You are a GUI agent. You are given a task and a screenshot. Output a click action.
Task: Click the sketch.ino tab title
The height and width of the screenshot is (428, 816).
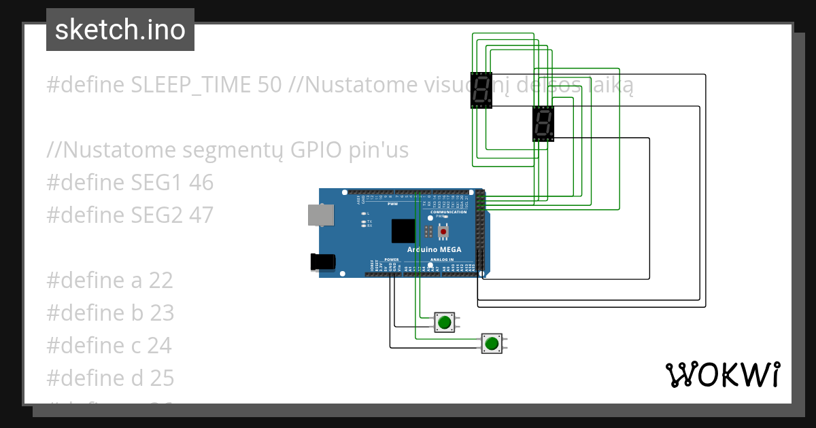(x=120, y=30)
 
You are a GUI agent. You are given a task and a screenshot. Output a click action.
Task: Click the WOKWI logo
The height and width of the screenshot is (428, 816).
(x=722, y=374)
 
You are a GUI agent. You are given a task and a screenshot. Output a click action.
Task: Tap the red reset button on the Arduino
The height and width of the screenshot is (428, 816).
(x=443, y=232)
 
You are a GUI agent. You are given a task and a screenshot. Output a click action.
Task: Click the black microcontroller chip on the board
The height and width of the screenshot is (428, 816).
(x=403, y=231)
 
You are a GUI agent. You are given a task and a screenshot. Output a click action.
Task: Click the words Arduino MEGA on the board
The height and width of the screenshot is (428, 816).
(x=434, y=249)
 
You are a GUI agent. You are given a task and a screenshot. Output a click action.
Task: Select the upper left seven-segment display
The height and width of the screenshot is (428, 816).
(x=481, y=90)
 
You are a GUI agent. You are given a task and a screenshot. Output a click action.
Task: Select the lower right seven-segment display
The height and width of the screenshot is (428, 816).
(x=543, y=124)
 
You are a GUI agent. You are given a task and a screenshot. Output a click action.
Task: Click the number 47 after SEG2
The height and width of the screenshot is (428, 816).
(x=201, y=215)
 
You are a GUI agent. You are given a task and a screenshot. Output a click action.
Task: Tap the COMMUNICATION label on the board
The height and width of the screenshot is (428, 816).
(x=448, y=212)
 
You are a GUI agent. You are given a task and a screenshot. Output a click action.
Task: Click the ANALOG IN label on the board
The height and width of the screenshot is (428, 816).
(x=441, y=260)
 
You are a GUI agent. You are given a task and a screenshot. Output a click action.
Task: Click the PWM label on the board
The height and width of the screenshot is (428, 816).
(x=392, y=204)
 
